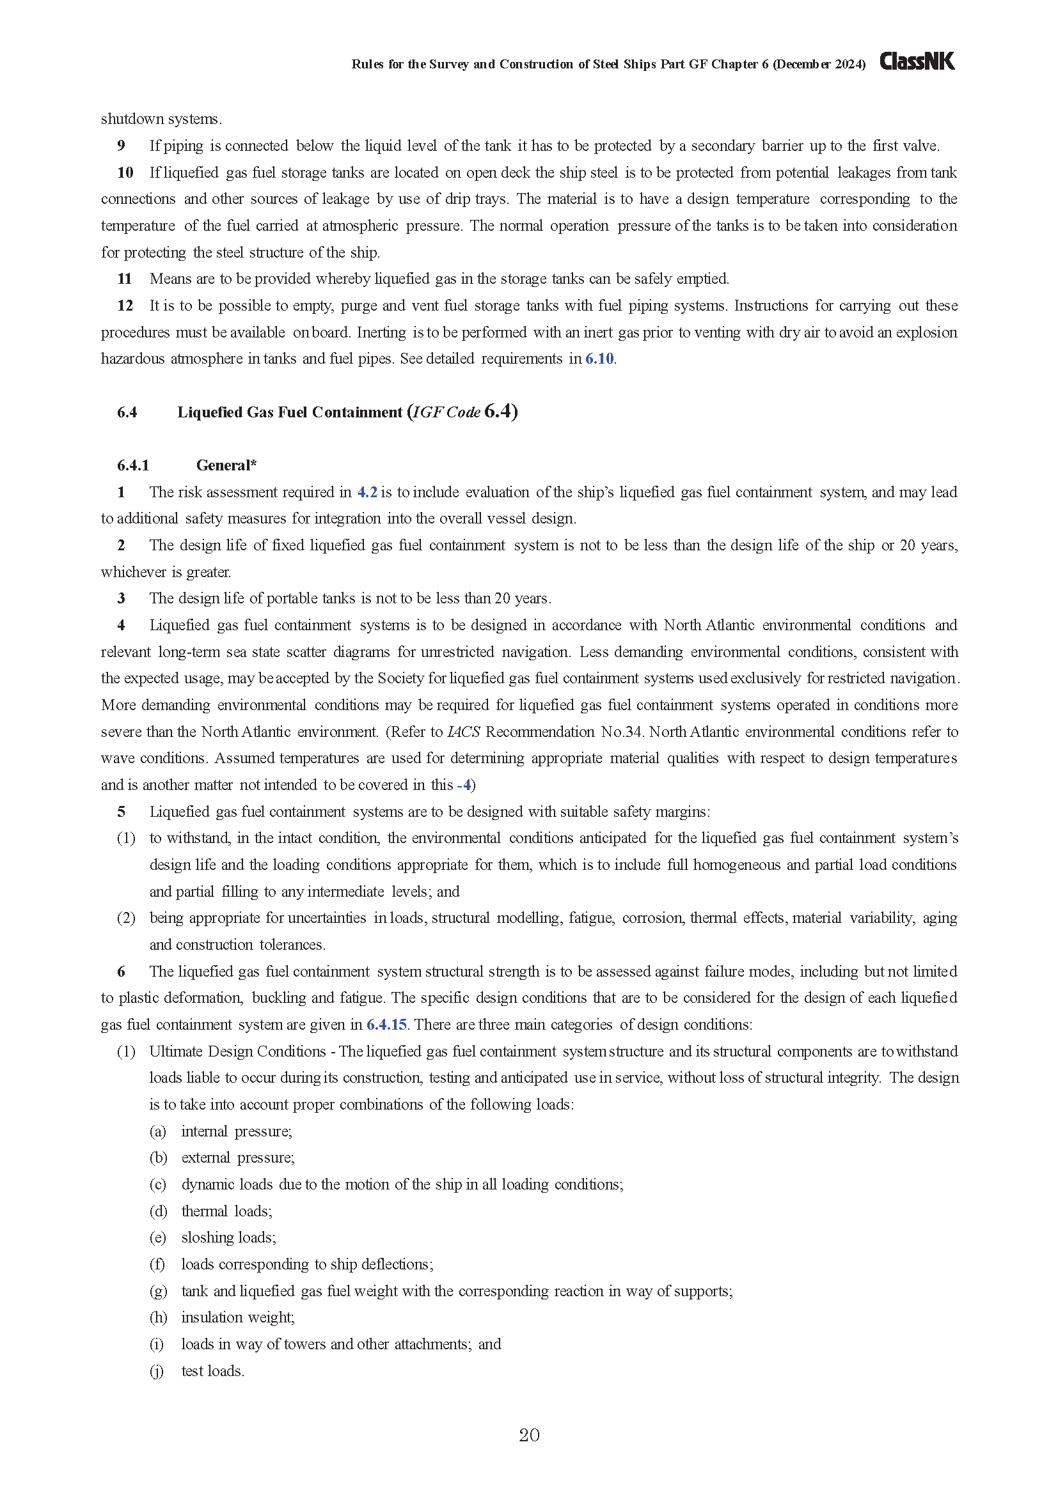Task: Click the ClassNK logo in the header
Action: click(917, 62)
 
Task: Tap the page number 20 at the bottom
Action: click(529, 1435)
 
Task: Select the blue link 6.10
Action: click(599, 359)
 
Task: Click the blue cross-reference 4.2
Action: click(367, 492)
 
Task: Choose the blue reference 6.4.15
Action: click(386, 1024)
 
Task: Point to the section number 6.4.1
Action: click(133, 465)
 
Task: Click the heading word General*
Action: click(226, 465)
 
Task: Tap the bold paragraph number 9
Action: click(121, 146)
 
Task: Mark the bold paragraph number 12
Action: click(125, 306)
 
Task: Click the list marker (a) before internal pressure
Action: click(157, 1131)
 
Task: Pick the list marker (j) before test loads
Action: click(157, 1370)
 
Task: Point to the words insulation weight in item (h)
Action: click(238, 1317)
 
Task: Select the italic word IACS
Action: click(464, 732)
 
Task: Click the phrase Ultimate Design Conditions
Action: click(237, 1051)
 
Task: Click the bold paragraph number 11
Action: click(125, 279)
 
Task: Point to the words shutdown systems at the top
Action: click(161, 119)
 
